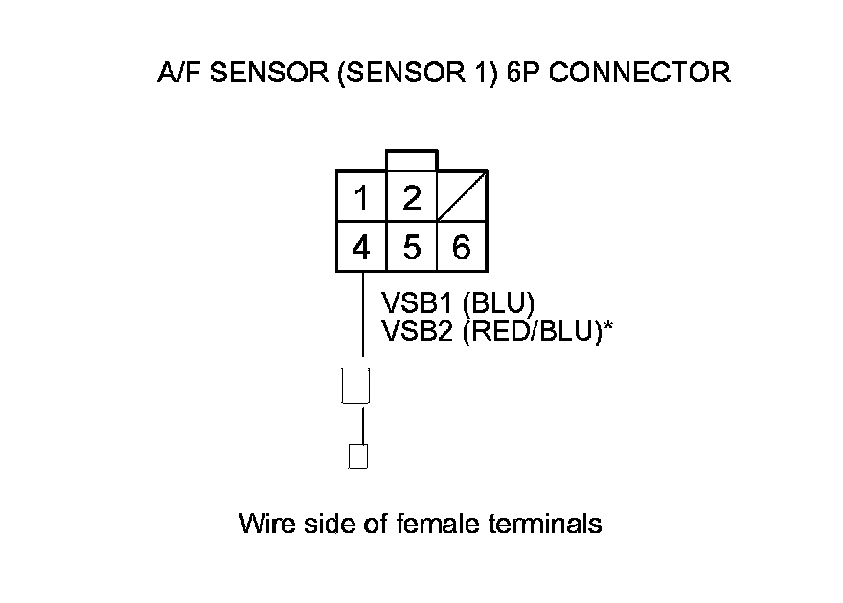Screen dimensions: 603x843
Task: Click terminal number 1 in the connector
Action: coord(361,198)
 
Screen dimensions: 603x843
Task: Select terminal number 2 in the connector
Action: coord(412,198)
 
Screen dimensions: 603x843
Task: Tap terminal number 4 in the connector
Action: coord(361,248)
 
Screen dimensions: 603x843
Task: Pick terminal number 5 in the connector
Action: coord(412,248)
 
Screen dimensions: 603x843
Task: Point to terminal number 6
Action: coord(462,248)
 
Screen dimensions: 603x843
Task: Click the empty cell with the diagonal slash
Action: coord(462,198)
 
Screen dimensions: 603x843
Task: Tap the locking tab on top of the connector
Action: coord(411,161)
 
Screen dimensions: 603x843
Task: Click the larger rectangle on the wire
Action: coord(355,387)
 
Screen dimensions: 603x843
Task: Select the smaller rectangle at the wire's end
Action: coord(358,456)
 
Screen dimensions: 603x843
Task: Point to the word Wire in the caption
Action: coord(262,524)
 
